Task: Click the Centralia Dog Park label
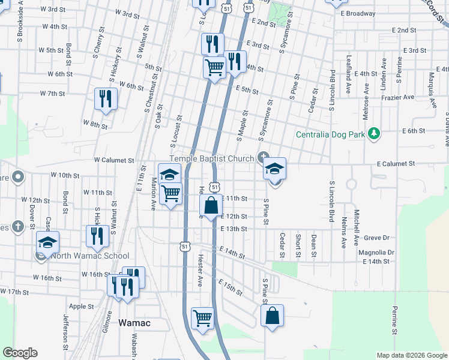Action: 330,134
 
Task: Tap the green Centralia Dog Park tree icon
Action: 374,132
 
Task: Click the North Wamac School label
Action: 90,256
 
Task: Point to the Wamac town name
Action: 134,323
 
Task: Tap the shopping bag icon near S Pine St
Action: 272,315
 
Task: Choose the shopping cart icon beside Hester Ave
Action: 202,318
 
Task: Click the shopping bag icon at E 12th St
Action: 211,205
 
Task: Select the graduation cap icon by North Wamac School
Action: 47,242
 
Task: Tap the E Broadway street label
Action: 358,13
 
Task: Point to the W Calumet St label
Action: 113,161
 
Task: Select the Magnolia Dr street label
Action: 376,253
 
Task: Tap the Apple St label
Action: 82,306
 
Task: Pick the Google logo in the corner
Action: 20,353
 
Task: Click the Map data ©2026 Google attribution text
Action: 411,355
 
